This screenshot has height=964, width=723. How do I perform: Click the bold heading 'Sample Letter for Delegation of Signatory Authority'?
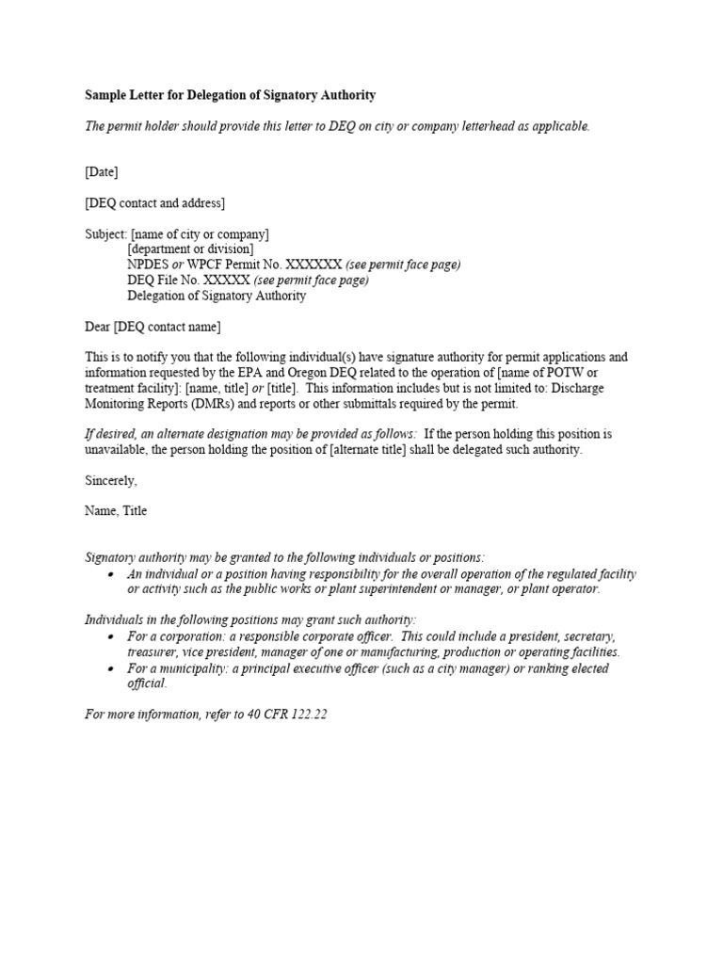click(231, 95)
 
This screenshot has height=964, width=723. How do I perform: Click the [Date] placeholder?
click(102, 171)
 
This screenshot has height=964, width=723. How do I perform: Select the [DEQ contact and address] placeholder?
click(155, 202)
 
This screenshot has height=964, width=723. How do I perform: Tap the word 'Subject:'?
click(106, 233)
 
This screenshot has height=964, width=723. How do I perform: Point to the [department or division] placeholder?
click(191, 249)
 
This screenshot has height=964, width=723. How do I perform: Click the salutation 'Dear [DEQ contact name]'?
click(153, 327)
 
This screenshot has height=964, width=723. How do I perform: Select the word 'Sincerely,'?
click(111, 480)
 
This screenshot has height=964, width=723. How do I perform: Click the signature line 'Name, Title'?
click(116, 511)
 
